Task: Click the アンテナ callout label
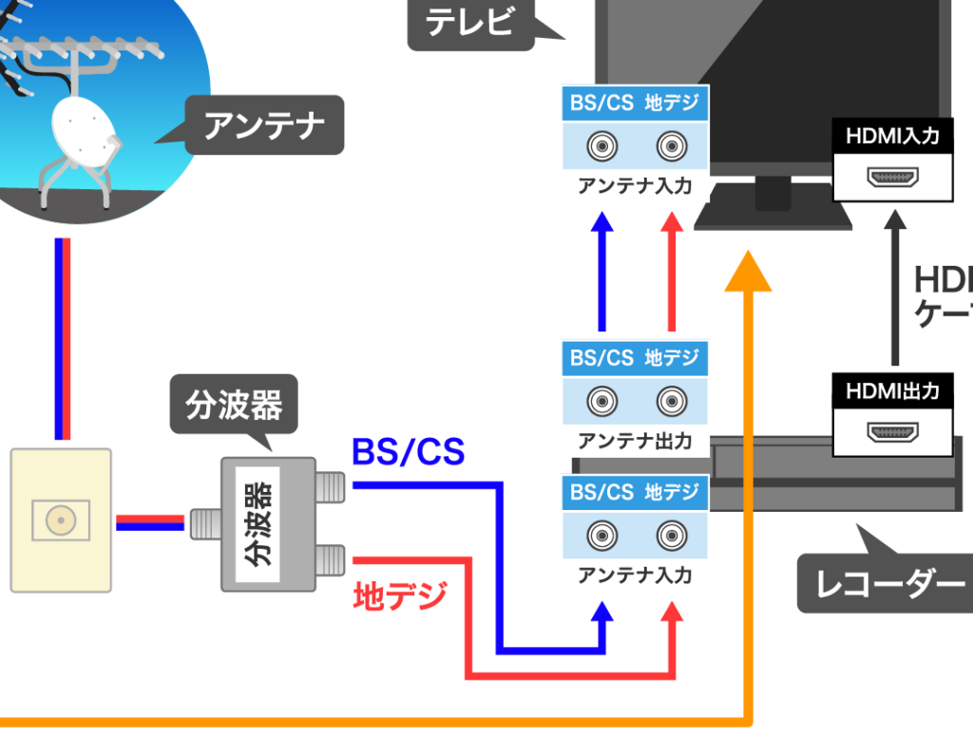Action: (x=263, y=125)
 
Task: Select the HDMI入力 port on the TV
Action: (x=892, y=178)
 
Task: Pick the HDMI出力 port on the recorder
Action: (x=892, y=432)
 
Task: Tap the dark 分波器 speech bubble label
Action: (x=233, y=407)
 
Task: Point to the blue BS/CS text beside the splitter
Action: (x=408, y=452)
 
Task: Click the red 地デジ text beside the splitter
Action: (x=399, y=596)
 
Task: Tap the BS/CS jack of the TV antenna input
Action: (x=601, y=147)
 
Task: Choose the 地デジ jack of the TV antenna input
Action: (x=671, y=147)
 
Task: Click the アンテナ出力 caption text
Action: (x=635, y=441)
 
